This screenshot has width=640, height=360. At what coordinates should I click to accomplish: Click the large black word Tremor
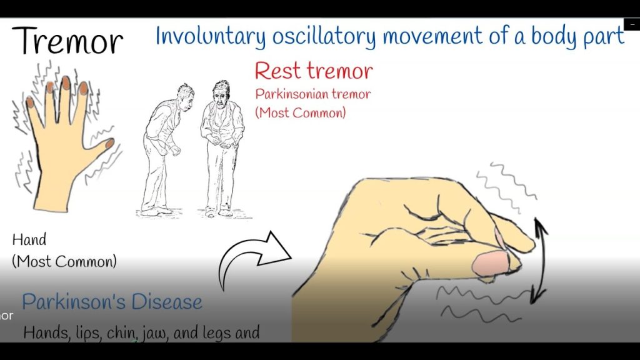point(67,41)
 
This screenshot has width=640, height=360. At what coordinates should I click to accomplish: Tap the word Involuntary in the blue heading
point(211,36)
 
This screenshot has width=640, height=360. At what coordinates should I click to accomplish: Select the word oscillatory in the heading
point(324,36)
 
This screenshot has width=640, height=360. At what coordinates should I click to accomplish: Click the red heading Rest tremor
point(314,71)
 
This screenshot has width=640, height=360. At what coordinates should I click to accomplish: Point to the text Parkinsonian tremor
point(313,94)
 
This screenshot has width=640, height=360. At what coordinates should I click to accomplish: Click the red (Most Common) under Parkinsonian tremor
point(301,112)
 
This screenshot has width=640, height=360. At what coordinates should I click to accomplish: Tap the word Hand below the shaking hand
point(29,239)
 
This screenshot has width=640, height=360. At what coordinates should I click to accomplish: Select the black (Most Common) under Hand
point(64,261)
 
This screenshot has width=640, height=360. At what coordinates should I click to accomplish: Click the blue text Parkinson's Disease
point(112,302)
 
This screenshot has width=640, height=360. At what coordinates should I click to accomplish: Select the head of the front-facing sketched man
point(221,92)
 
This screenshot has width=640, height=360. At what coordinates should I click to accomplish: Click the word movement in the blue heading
point(432,36)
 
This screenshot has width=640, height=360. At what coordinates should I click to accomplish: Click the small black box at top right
point(632,24)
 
